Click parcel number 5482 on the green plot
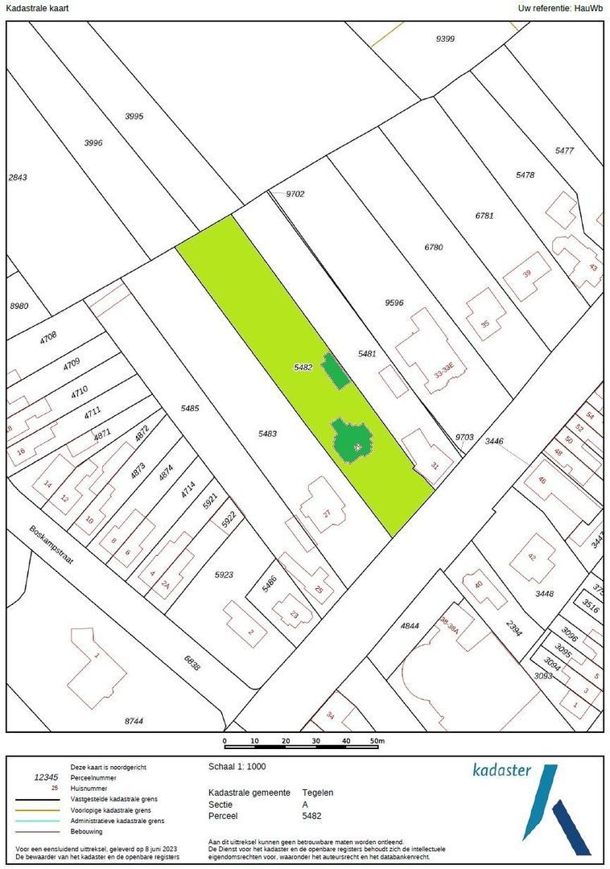(303, 367)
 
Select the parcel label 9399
(444, 38)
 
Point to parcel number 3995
(134, 116)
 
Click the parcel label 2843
(17, 177)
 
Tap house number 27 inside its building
(327, 513)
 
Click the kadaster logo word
(501, 770)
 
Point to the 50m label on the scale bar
(377, 741)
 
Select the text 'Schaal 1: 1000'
(237, 767)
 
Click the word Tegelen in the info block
(317, 793)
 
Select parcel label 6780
(433, 247)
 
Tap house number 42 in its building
(532, 557)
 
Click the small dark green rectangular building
(335, 371)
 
